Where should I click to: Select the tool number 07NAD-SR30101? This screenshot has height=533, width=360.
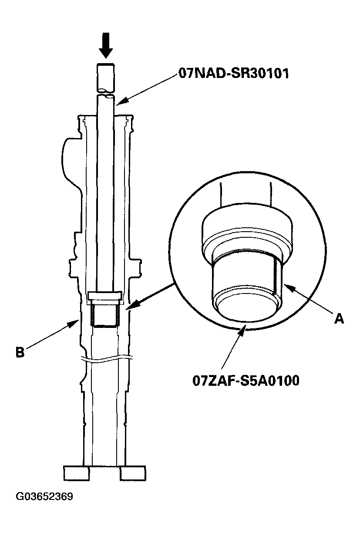coord(233,72)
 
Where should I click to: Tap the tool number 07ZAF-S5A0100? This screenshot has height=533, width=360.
coord(246,381)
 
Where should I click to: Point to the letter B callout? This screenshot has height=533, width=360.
coord(20,352)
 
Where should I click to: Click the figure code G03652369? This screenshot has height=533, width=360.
coord(44,496)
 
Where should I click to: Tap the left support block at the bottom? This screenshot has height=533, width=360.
coord(77,473)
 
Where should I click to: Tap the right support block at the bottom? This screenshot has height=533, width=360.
coord(133,473)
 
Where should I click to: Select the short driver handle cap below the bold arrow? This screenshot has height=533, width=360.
coord(105,76)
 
